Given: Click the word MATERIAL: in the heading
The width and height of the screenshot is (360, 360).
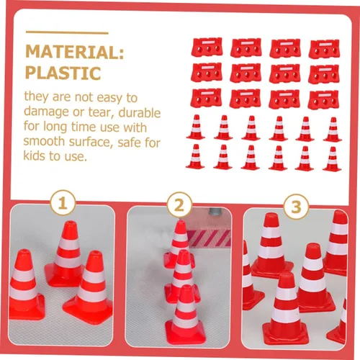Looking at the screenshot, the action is (75, 52).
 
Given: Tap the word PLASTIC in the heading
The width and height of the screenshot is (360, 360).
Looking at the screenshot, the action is (63, 73).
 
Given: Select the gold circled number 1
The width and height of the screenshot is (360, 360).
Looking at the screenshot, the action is (63, 202).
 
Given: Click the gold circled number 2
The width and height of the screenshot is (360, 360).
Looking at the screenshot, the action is (179, 204).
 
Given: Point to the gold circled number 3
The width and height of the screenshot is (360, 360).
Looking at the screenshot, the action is (296, 207).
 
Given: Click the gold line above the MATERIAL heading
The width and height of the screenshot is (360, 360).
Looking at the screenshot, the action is (67, 32).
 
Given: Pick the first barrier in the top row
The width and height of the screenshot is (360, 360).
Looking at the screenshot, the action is (207, 47).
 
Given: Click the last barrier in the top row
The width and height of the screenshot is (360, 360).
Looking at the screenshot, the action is (324, 49).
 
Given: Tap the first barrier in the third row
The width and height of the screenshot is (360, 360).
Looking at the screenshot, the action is (206, 98).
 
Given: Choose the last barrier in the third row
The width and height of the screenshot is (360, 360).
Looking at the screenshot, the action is (323, 100).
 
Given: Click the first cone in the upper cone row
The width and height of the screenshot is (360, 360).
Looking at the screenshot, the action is (196, 127).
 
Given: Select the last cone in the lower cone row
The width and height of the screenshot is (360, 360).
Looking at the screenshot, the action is (332, 159).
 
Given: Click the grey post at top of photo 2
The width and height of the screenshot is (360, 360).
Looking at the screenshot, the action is (215, 211).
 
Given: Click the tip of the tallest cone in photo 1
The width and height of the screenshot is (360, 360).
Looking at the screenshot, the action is (70, 222).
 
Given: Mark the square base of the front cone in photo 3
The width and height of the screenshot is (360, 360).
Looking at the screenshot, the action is (286, 333).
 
